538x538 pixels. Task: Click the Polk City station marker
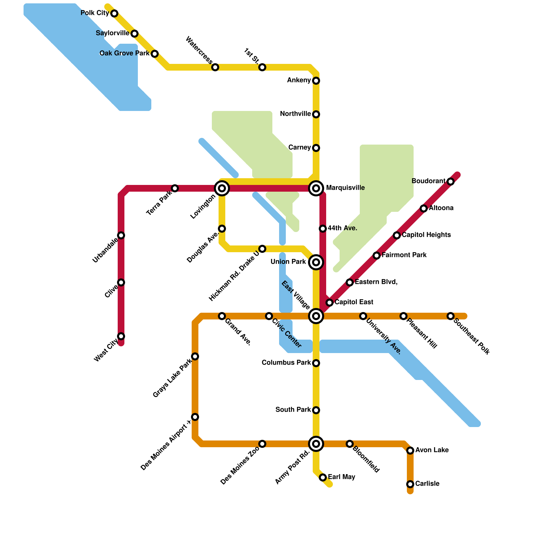tap(114, 13)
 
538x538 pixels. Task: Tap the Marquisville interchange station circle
tap(316, 188)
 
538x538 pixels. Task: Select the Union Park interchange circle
tap(316, 262)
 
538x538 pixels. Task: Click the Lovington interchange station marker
tap(222, 188)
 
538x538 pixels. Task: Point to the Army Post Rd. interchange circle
tap(316, 444)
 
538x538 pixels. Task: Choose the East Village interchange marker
tap(316, 316)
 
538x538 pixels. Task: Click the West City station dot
tap(121, 336)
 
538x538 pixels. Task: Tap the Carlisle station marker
tap(410, 484)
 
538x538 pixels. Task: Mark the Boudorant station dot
tap(451, 182)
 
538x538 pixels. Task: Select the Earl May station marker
tap(323, 477)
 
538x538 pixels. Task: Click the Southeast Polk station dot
tap(451, 316)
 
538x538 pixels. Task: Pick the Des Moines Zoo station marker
tap(262, 444)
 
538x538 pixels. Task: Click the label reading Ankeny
tap(299, 80)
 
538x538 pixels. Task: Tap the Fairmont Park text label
tap(404, 255)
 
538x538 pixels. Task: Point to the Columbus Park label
tap(286, 363)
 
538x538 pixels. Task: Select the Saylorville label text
tap(112, 33)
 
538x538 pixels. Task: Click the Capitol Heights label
tap(426, 235)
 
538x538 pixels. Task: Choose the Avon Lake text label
tap(432, 450)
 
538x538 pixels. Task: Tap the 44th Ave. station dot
tap(323, 229)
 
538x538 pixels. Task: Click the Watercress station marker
tap(215, 67)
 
